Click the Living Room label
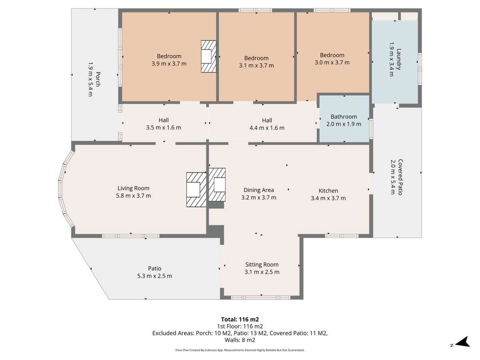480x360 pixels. point(133,188)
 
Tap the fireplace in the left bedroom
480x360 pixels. point(208,56)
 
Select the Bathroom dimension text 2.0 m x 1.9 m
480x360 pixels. point(344,124)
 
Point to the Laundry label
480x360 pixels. point(399,59)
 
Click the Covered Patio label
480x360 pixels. point(400,177)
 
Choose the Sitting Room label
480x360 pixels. point(262,264)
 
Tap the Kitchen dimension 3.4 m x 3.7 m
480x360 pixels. point(328,198)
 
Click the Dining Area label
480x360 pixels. point(259,190)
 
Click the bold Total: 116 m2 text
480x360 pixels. point(240,320)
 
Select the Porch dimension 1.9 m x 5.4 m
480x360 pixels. point(90,79)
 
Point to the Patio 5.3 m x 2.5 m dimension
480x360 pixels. point(155,276)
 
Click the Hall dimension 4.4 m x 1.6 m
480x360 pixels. point(267,128)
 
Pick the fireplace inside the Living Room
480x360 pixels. point(196,190)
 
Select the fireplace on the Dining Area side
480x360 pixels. point(217,185)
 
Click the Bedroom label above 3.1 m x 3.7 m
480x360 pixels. point(256,58)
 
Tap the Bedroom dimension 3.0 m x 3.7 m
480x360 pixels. point(332,62)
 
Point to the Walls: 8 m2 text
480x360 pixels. point(240,340)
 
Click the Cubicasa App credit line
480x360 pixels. point(240,350)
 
